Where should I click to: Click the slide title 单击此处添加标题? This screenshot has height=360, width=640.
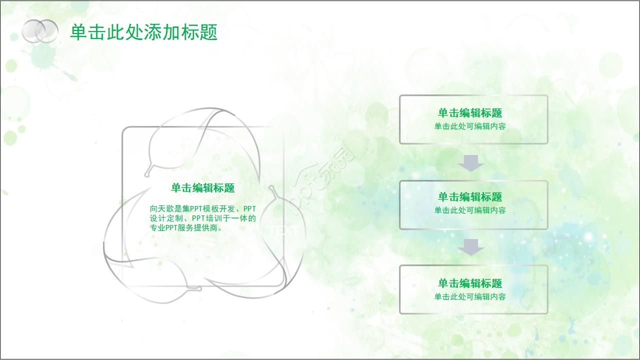coord(143,32)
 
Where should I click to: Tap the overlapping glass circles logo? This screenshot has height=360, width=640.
coord(40,31)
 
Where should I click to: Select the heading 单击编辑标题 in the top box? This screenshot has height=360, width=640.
coord(470,113)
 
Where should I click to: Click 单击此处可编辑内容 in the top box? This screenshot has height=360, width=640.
coord(470,126)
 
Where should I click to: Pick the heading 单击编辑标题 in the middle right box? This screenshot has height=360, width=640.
coord(470,197)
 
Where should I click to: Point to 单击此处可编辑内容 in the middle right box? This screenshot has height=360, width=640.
coord(470,210)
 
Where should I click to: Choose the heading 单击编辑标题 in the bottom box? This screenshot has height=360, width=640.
coord(470,283)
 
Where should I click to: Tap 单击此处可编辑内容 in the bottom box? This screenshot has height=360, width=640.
coord(470,297)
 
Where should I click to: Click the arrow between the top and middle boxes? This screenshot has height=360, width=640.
coord(471,163)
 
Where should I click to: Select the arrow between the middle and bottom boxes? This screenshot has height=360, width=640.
coord(471,247)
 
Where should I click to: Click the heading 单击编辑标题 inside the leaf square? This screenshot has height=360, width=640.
coord(202,188)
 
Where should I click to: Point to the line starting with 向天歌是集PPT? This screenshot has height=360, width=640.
coord(202,208)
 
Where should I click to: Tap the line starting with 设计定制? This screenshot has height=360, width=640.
coord(202,218)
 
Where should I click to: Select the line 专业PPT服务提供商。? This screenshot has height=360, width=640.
coord(186,227)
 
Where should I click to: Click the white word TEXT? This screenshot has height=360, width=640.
coord(283,230)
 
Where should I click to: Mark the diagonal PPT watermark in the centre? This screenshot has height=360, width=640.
coord(322,180)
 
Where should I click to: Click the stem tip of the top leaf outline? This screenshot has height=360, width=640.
coord(146,174)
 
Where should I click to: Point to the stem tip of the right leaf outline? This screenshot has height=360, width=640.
coord(271,188)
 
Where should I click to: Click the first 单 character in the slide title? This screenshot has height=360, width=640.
coord(77,32)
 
